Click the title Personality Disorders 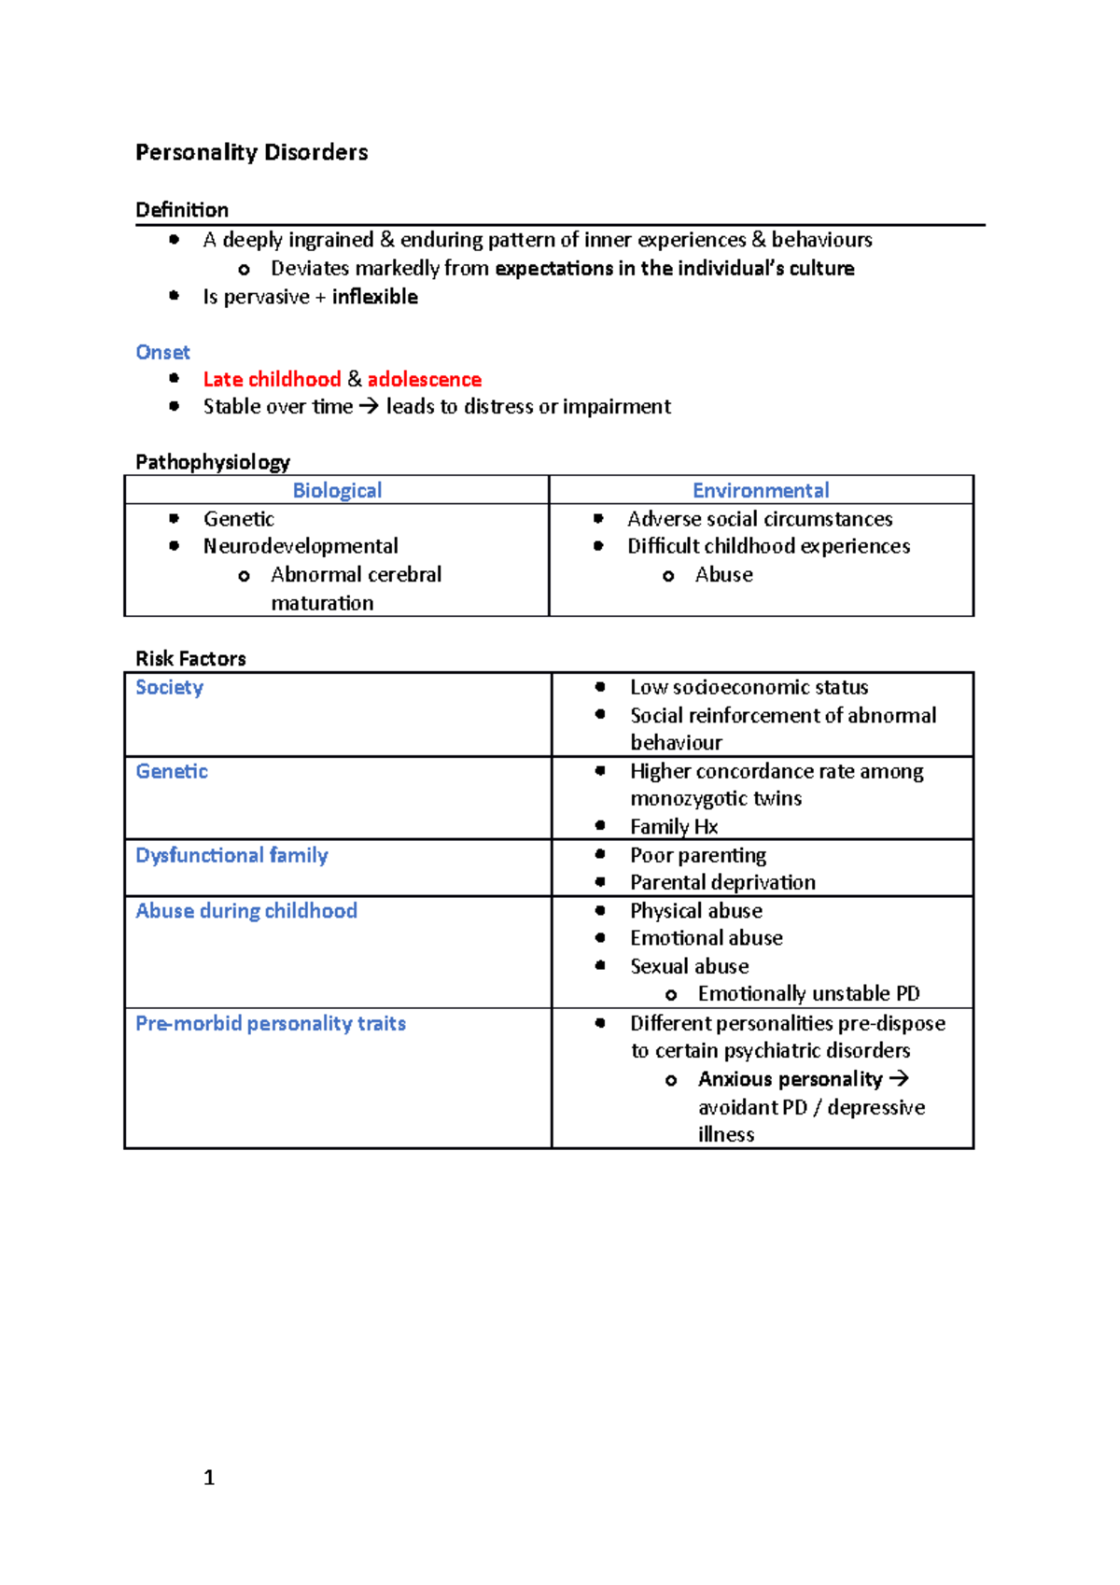tap(251, 152)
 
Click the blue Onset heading tap(162, 352)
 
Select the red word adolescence tap(424, 379)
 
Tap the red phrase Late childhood tap(272, 379)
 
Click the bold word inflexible tap(374, 297)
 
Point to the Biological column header tap(337, 490)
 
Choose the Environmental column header tap(761, 490)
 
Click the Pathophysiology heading tap(213, 462)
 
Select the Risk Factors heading tap(190, 658)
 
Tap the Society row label tap(169, 687)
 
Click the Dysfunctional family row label tap(231, 855)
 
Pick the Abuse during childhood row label tap(246, 910)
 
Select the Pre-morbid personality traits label tap(271, 1023)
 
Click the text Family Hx tap(674, 826)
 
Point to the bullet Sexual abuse tap(689, 966)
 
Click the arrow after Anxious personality tap(899, 1078)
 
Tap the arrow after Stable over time tap(369, 407)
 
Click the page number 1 tap(209, 1477)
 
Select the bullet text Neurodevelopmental tap(301, 546)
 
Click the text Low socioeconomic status tap(749, 687)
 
